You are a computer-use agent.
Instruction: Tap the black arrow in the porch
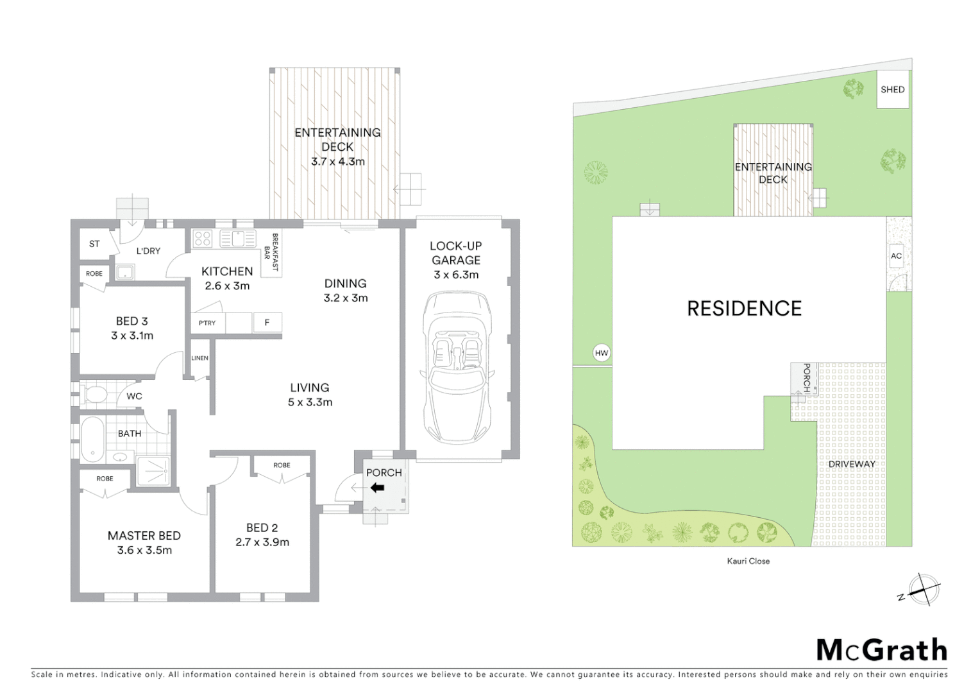click(377, 488)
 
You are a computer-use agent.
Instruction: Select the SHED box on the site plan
click(893, 90)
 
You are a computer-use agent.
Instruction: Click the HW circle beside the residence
click(601, 353)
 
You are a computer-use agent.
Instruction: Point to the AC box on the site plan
click(896, 255)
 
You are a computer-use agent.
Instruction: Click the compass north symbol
click(924, 589)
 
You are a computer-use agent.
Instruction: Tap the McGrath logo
click(881, 650)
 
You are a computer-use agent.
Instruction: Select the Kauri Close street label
click(748, 561)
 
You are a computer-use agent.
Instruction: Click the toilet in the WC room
click(94, 394)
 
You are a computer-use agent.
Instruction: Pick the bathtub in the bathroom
click(92, 440)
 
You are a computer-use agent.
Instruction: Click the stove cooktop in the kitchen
click(203, 239)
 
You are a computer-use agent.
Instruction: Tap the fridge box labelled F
click(267, 323)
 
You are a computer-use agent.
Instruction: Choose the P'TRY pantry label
click(207, 323)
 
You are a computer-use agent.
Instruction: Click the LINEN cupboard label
click(199, 358)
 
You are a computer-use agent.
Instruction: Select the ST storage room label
click(94, 244)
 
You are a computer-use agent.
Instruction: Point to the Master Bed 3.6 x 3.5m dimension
click(144, 550)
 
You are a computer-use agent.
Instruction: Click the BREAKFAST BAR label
click(271, 252)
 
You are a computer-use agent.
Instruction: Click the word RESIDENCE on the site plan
click(744, 309)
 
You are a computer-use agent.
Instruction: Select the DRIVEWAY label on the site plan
click(851, 464)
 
